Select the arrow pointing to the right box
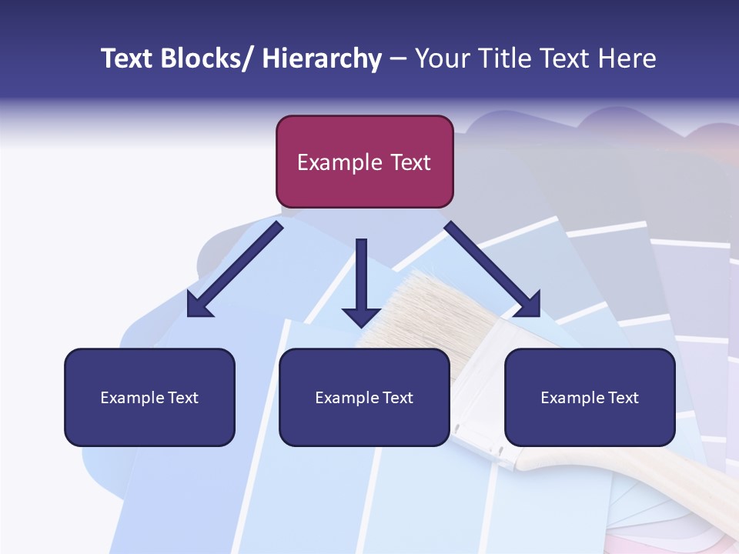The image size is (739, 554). (493, 269)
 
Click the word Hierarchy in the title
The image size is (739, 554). (322, 58)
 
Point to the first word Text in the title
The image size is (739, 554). (128, 58)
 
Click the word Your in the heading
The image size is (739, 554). (441, 58)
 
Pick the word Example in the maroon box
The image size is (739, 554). (339, 162)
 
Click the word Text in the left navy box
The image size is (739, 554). (182, 398)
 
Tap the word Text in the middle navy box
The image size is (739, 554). (397, 398)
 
